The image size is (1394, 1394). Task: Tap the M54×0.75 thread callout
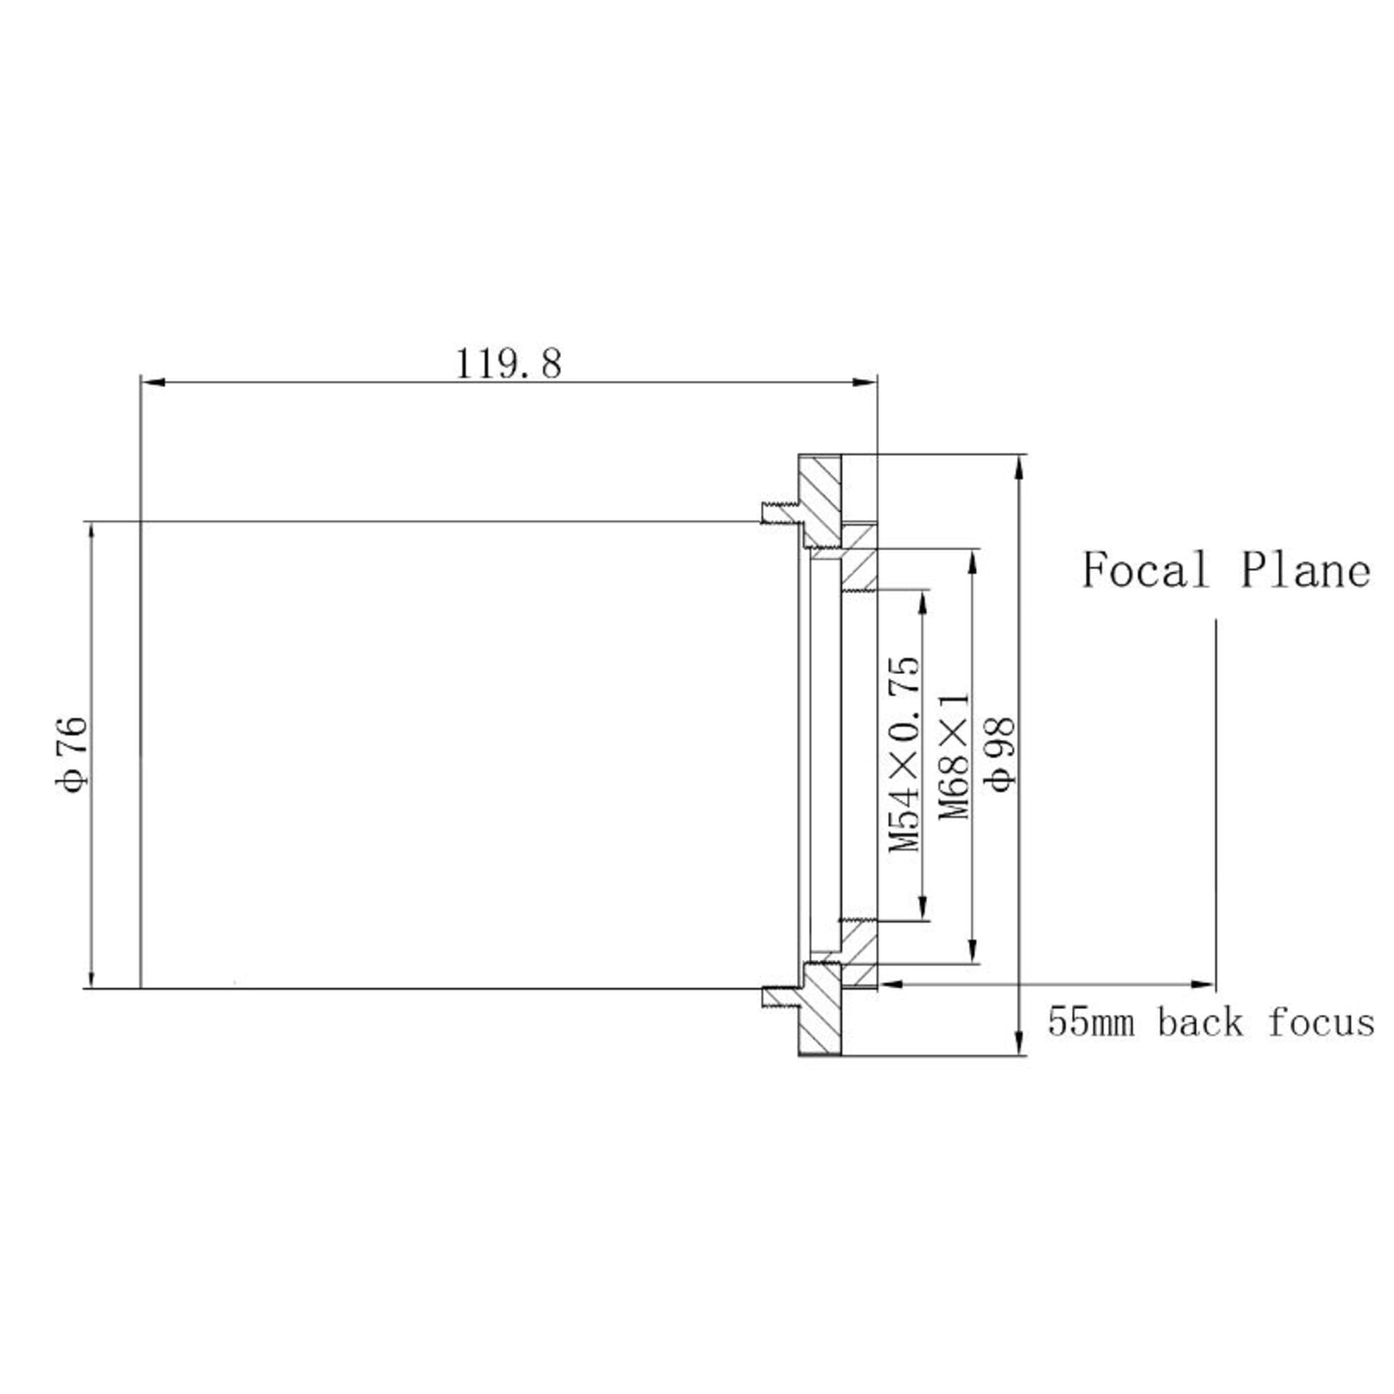point(905,754)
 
